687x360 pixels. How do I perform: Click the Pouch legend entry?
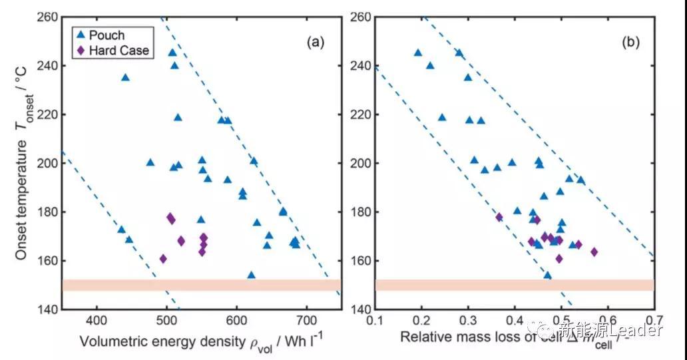(101, 35)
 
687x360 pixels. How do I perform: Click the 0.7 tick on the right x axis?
(654, 321)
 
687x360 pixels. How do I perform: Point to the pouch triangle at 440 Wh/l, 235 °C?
(125, 77)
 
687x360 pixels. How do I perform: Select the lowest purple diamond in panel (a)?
(163, 259)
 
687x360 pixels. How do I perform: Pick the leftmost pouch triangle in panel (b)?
(418, 52)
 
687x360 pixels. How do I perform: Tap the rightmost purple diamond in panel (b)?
(594, 252)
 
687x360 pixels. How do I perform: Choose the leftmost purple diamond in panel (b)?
(499, 217)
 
